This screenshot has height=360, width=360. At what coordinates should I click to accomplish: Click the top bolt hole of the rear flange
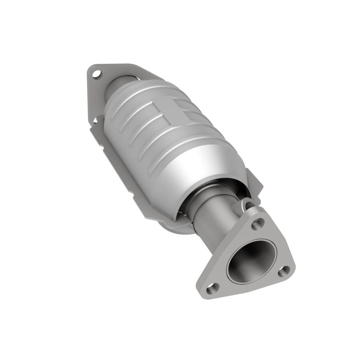[x=95, y=72]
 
